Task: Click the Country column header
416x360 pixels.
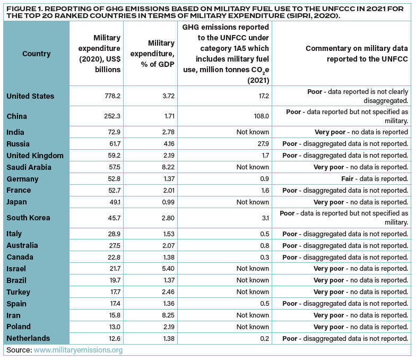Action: pos(36,54)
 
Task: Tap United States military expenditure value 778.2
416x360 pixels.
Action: pos(110,96)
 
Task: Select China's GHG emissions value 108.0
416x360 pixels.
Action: pos(259,116)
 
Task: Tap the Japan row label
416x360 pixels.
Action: pos(17,202)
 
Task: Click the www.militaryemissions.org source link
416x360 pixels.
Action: pos(79,350)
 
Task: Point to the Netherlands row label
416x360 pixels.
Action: pos(28,338)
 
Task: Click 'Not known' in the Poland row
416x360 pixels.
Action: pos(253,327)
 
